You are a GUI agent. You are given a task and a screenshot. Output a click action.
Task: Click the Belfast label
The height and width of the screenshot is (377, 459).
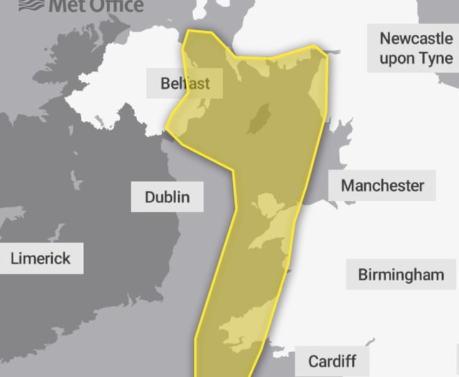[x=185, y=83]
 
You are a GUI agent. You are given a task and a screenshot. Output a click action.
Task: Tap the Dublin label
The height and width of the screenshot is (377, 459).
[x=167, y=197]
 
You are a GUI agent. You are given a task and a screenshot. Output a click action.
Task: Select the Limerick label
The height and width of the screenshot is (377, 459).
[x=41, y=258]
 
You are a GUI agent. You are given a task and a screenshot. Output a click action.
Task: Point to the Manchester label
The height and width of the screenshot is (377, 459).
[x=382, y=185]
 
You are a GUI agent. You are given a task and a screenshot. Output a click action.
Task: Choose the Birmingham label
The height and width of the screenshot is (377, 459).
[x=401, y=274]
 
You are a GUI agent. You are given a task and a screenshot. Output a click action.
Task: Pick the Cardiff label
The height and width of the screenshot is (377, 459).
[x=332, y=360]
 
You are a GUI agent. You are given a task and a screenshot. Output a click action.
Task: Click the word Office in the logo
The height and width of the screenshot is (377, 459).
[x=115, y=6]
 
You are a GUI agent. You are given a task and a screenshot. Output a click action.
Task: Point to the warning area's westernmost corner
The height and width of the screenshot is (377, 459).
[x=167, y=130]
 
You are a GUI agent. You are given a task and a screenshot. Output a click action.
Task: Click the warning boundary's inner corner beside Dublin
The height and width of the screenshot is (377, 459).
[x=234, y=171]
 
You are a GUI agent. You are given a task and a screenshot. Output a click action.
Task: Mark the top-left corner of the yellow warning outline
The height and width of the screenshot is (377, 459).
[x=187, y=32]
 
